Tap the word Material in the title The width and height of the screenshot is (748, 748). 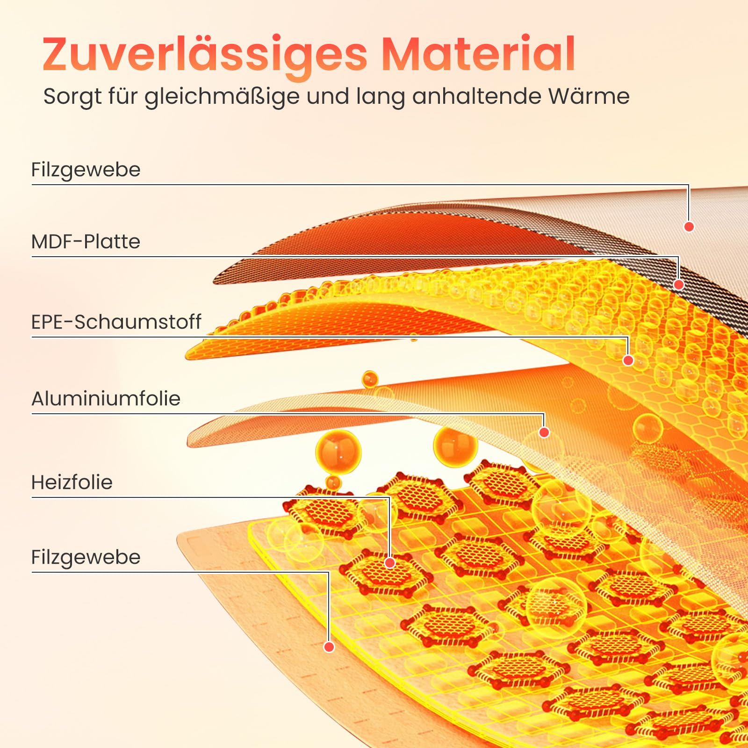click(478, 53)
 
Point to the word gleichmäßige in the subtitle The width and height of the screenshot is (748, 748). click(222, 97)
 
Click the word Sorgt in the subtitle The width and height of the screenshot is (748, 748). click(72, 97)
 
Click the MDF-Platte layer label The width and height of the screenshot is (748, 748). click(86, 242)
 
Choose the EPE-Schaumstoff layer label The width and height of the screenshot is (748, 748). click(116, 322)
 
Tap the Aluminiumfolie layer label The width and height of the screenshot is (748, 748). click(106, 398)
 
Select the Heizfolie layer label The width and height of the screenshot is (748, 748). click(72, 482)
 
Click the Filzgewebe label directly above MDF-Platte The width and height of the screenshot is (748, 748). click(86, 170)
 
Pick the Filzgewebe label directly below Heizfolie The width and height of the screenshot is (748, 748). click(86, 557)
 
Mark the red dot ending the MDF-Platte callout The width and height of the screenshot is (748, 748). click(679, 284)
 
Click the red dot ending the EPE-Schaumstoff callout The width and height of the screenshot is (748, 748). click(628, 360)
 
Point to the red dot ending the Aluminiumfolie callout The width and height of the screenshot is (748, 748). click(544, 432)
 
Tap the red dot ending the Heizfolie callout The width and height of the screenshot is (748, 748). click(389, 562)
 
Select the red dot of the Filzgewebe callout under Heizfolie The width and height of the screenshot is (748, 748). click(329, 647)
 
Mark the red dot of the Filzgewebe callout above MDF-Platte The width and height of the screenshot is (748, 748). click(689, 226)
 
